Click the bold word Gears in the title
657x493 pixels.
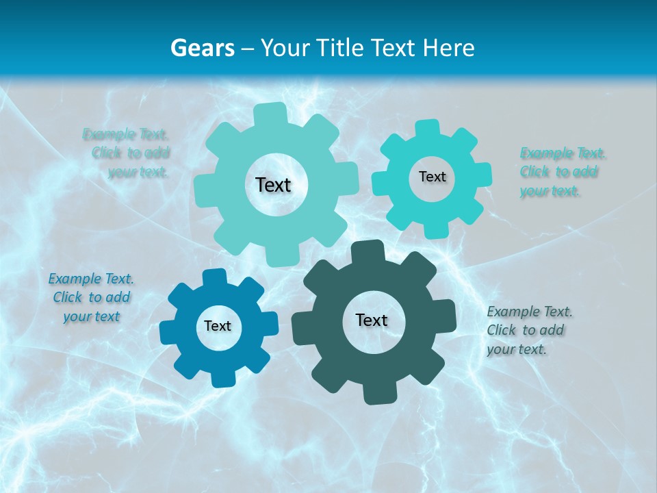[x=202, y=48]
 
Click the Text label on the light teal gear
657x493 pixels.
[x=273, y=185]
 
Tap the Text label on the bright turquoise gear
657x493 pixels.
[x=432, y=177]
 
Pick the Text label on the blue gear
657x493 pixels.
[x=218, y=327]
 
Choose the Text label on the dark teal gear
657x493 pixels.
[x=372, y=320]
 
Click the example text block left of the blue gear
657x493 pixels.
[x=91, y=298]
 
